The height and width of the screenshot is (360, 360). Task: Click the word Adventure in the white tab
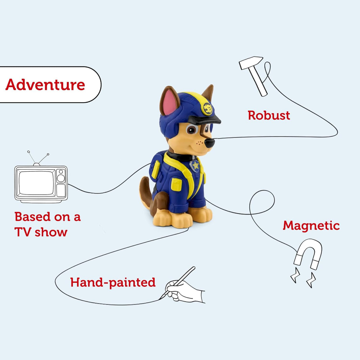coord(45,85)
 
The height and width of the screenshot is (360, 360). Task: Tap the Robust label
coord(269,115)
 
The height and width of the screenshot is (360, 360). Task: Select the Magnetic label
coord(311,226)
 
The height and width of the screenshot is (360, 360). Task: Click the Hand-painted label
coord(113,282)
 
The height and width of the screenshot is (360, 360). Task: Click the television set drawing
coord(41,184)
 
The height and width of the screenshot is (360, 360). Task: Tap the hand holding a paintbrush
coord(184,289)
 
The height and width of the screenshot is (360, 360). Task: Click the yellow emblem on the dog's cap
coord(208,109)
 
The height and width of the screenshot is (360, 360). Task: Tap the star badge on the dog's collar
coord(195,165)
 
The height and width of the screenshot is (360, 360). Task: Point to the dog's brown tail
coord(145,190)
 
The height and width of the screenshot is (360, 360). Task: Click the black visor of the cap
coord(205,120)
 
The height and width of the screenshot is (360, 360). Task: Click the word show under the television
coord(51,232)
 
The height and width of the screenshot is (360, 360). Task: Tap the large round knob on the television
coord(61,178)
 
